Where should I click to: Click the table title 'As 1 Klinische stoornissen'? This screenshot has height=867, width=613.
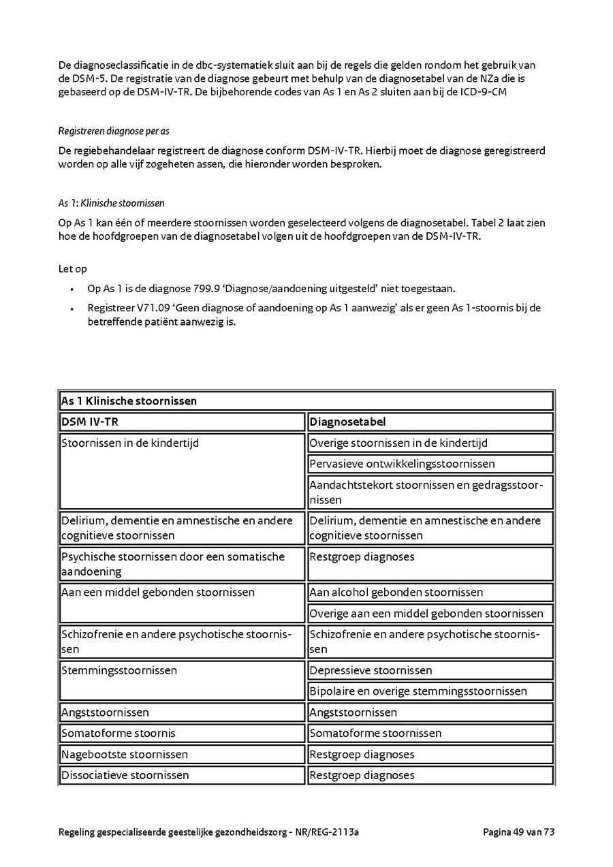(x=129, y=400)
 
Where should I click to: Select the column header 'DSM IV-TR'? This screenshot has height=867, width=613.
(x=90, y=422)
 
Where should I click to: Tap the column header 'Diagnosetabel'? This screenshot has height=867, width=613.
(x=347, y=422)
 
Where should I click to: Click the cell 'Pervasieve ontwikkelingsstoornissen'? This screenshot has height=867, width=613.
(x=402, y=464)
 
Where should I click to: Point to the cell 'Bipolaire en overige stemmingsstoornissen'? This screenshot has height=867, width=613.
(x=418, y=691)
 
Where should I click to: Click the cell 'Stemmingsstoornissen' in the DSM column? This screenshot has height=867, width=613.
(x=119, y=671)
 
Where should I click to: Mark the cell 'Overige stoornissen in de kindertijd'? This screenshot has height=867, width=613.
(x=398, y=443)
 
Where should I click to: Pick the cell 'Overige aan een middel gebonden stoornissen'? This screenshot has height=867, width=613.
(x=426, y=614)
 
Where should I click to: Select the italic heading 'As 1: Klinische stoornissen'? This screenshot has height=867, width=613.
(x=111, y=203)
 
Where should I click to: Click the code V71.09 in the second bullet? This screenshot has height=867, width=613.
(x=153, y=308)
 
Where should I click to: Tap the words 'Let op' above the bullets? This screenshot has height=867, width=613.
(x=73, y=269)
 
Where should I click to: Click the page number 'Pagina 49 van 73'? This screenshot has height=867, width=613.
(x=519, y=832)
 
